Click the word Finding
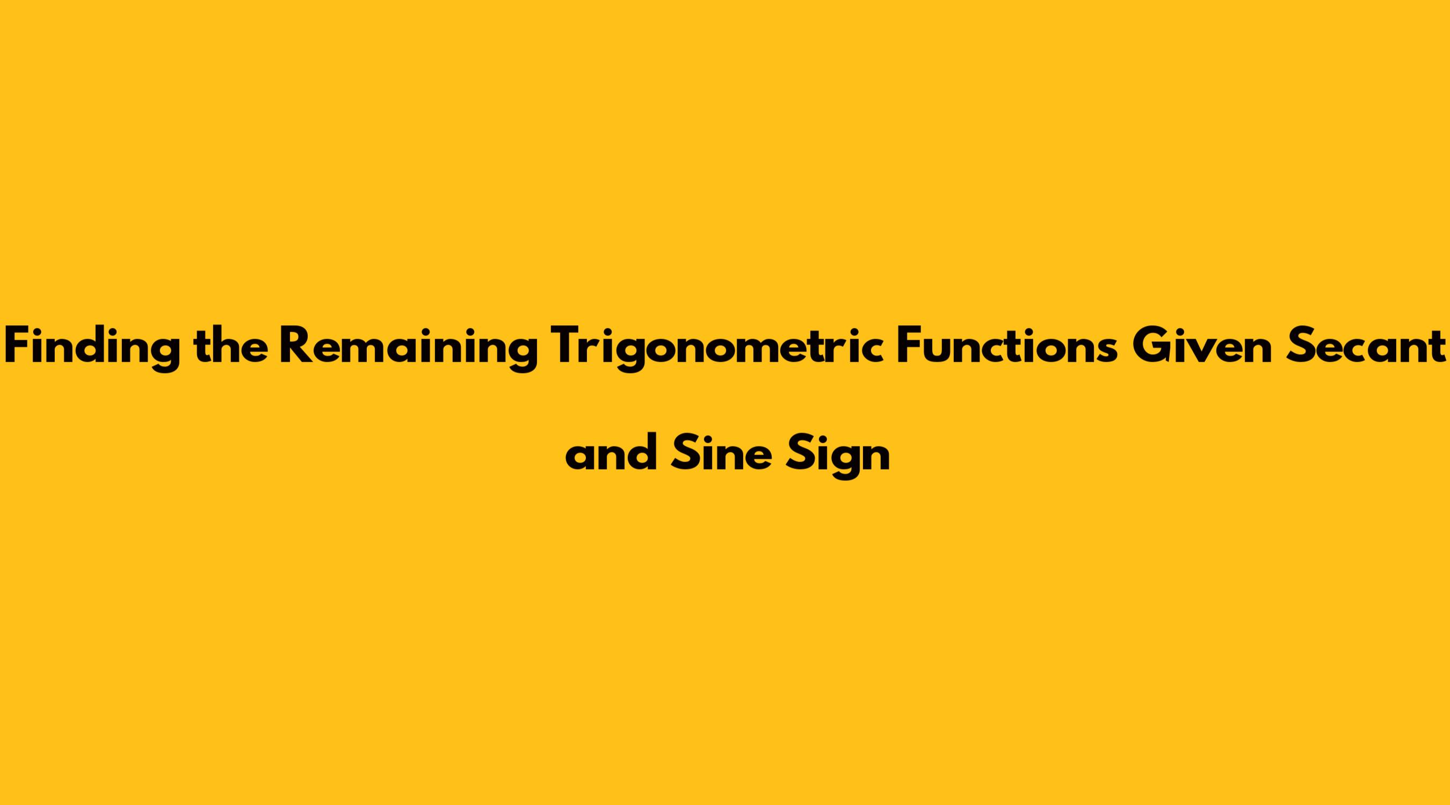(x=92, y=347)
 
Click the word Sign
(x=838, y=456)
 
